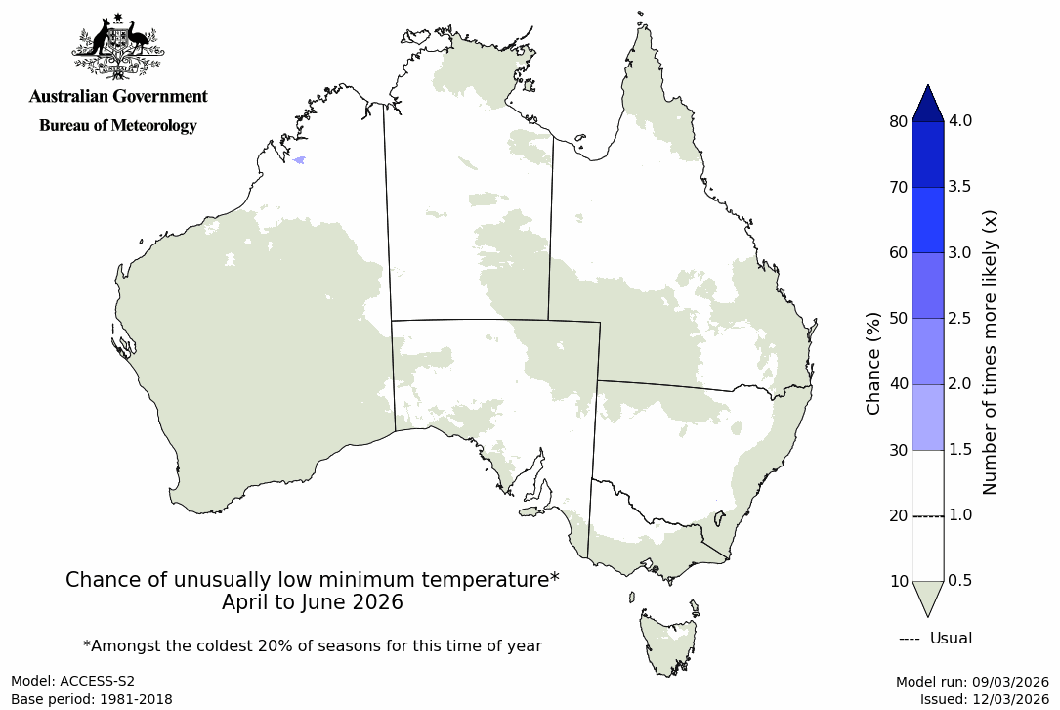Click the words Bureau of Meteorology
117,125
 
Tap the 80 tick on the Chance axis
897,121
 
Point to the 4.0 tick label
960,121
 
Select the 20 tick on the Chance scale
897,515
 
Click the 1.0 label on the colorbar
960,515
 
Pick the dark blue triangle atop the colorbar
927,103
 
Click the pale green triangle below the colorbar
927,596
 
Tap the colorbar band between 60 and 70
927,220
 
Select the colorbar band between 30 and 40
927,417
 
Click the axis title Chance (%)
873,363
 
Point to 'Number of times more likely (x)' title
990,351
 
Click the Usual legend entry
935,639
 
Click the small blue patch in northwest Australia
299,159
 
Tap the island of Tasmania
669,641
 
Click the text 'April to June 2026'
312,602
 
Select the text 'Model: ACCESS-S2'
72,681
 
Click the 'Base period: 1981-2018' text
91,699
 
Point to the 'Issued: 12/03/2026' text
984,699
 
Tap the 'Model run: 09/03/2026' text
972,682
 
